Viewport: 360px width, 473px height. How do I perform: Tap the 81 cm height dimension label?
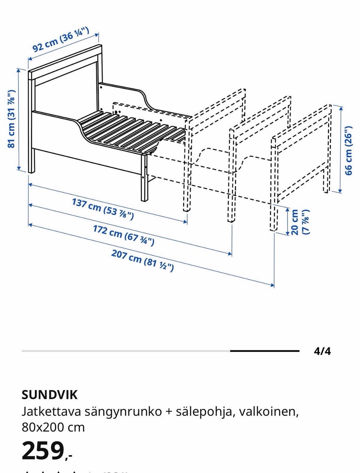11,119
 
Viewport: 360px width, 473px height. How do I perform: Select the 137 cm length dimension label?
103,209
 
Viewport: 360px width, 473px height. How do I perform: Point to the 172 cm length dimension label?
124,235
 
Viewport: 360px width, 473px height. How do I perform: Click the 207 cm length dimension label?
142,260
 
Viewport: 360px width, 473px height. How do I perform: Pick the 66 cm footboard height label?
348,150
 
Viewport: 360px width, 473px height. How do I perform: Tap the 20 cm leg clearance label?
300,222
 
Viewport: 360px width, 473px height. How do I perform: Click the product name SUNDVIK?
49,395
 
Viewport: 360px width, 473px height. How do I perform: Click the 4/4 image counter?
322,351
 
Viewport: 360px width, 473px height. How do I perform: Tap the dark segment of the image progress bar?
265,351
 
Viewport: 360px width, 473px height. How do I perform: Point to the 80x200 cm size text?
53,427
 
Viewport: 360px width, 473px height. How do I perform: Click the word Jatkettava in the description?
51,412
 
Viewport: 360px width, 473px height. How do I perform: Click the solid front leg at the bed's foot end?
144,178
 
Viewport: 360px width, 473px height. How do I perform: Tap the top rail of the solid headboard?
65,62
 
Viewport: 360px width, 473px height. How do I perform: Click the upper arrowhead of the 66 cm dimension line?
341,108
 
